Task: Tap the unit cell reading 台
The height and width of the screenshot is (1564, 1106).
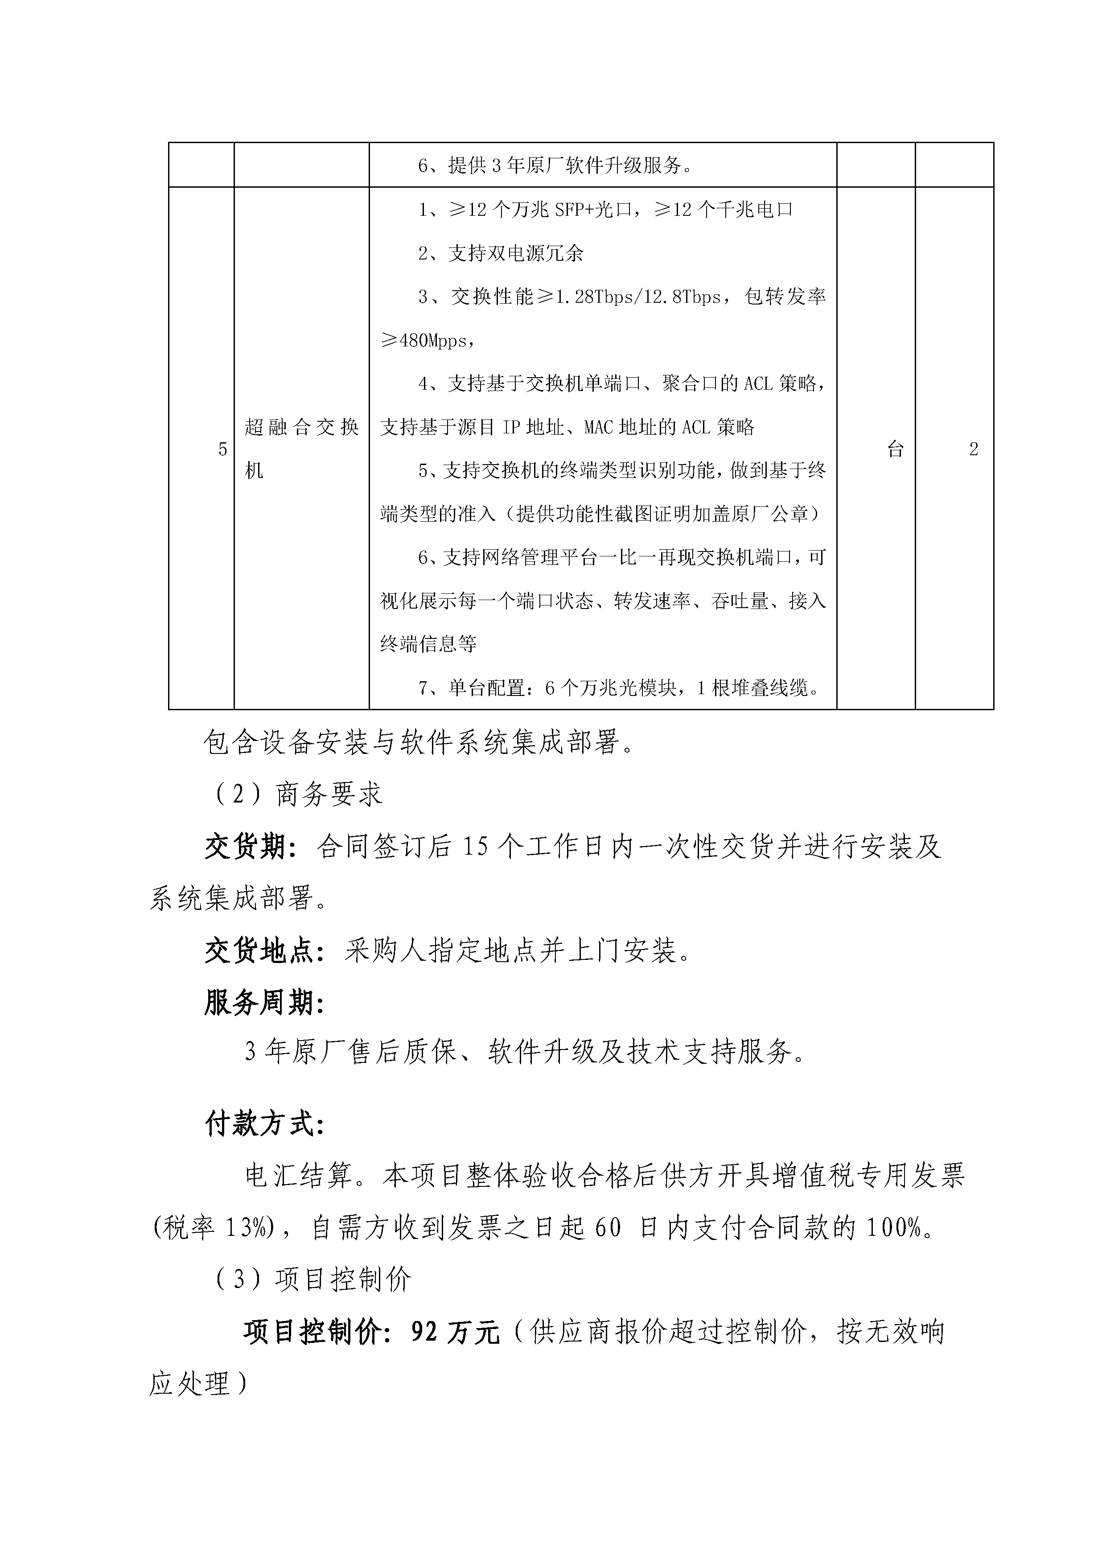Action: (x=895, y=449)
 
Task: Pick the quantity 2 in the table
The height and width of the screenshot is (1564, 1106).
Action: (x=973, y=449)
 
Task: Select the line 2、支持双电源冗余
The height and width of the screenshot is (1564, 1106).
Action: (x=501, y=253)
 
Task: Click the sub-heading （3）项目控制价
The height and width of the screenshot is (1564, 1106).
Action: (x=312, y=1280)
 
